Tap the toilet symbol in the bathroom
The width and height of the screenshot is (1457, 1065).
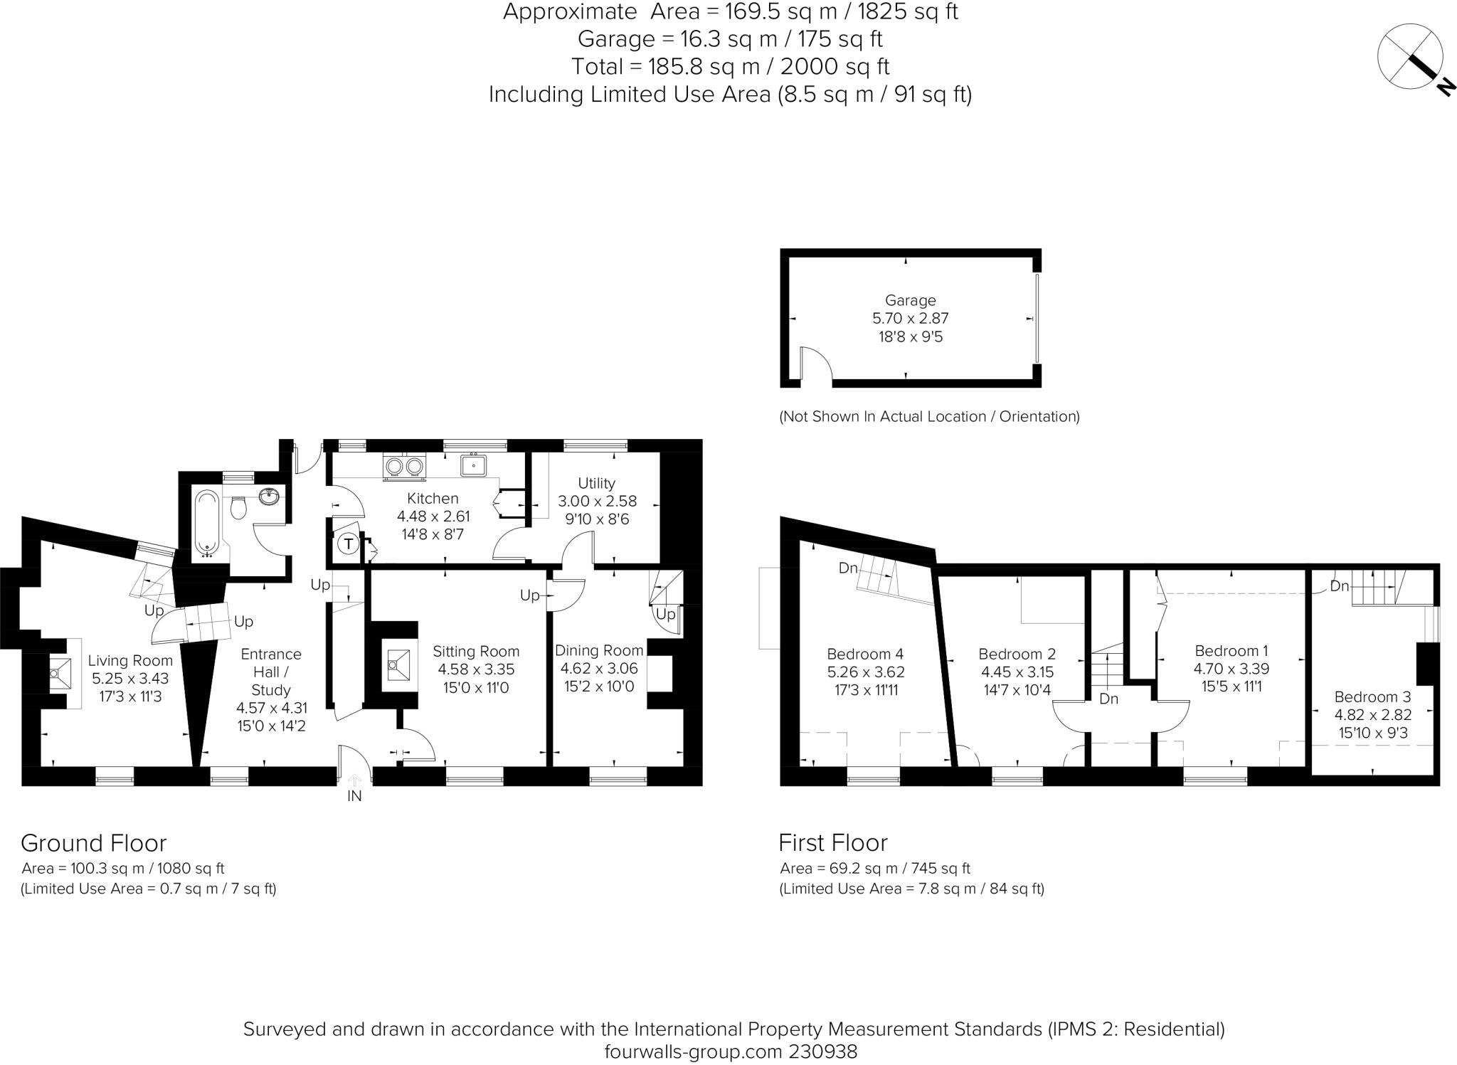pos(240,507)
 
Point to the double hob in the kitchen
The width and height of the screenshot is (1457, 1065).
pos(404,466)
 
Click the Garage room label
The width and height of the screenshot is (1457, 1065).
pos(910,300)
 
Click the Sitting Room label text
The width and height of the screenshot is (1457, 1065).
pos(476,651)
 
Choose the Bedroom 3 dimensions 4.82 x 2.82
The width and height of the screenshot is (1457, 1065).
pos(1372,715)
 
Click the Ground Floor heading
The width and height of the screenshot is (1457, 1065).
pos(93,842)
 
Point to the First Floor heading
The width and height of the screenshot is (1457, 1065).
pos(832,842)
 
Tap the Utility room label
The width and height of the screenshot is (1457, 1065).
pos(596,483)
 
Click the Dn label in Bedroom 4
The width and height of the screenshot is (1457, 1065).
pos(848,568)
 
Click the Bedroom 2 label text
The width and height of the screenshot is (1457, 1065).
pos(1017,654)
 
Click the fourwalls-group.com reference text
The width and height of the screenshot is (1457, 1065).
pos(731,1051)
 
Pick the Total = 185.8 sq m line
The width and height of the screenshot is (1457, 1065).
pos(730,67)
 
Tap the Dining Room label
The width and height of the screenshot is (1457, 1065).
pos(599,650)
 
